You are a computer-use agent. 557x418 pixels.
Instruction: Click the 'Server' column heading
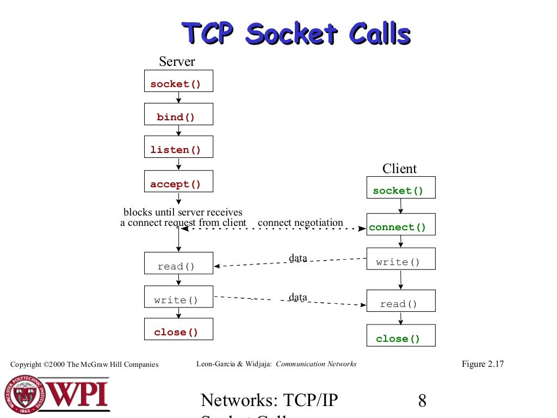pos(177,62)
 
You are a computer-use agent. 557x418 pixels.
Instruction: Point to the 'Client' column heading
pos(399,168)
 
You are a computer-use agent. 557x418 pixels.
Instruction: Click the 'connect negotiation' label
pos(300,223)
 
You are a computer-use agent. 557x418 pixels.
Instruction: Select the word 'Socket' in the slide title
pos(292,34)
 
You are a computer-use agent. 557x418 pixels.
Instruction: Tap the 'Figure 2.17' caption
pos(482,364)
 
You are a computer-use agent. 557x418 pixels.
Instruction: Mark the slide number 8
pos(422,402)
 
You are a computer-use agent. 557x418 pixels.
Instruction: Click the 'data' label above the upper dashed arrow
pos(298,258)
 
